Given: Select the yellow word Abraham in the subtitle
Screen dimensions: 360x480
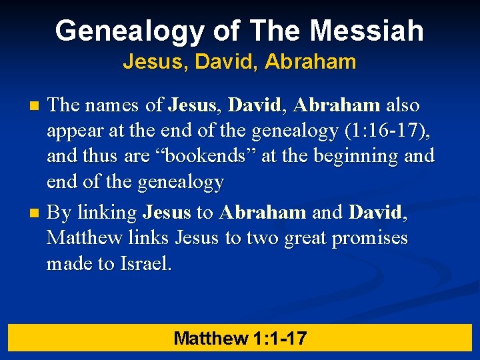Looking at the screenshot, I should pyautogui.click(x=310, y=63).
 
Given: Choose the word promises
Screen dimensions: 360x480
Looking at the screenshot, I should pyautogui.click(x=366, y=238).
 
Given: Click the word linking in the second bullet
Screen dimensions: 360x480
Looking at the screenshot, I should pyautogui.click(x=107, y=213).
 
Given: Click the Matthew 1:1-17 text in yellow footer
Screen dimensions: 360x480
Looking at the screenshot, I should pyautogui.click(x=240, y=338).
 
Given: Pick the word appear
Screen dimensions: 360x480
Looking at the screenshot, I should pyautogui.click(x=74, y=131).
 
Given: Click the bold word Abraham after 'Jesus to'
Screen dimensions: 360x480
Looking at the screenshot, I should pyautogui.click(x=263, y=213).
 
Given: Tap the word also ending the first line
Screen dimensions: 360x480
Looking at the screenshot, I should pyautogui.click(x=403, y=105).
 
